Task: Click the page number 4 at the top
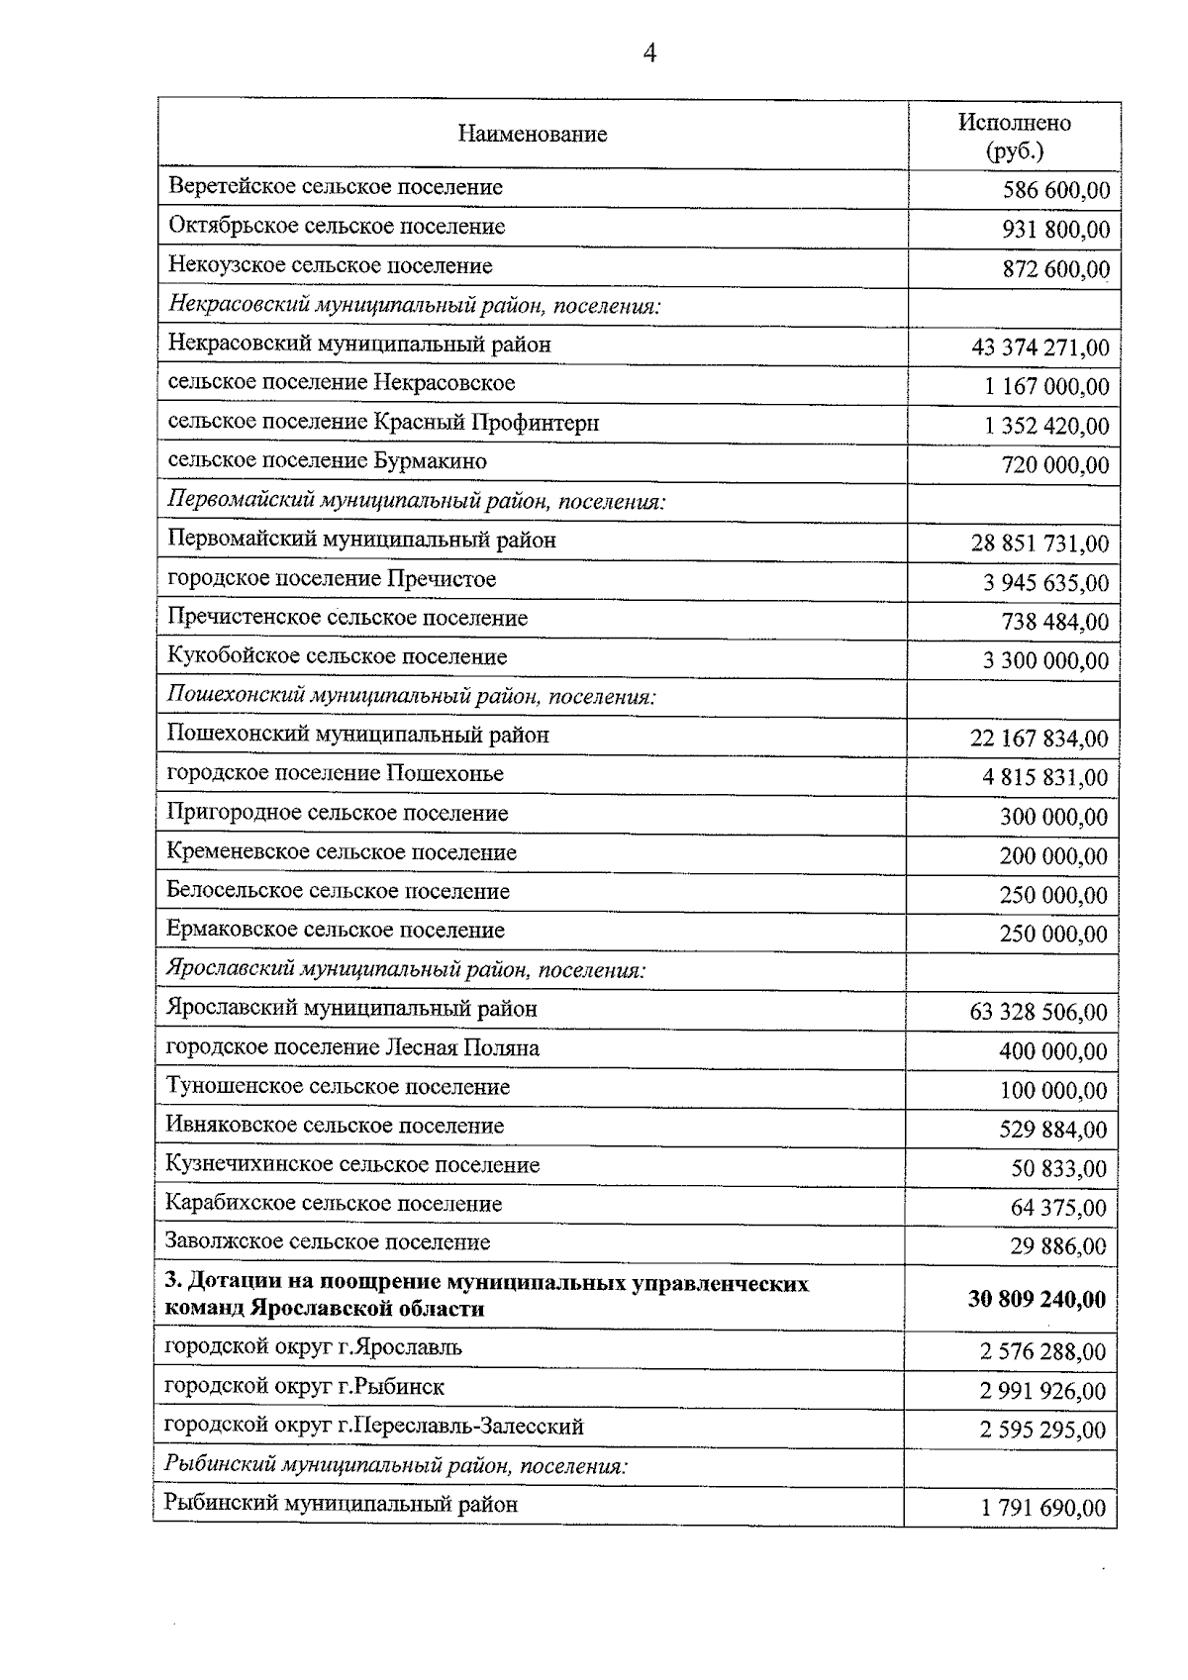(x=649, y=53)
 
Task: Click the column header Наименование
(x=533, y=135)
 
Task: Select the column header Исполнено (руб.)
(x=1014, y=137)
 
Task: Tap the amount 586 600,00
(x=1055, y=191)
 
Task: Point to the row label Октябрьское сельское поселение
(x=337, y=227)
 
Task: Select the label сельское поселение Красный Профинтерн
(x=383, y=423)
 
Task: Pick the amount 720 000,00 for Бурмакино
(x=1055, y=465)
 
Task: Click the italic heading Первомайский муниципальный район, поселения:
(x=417, y=501)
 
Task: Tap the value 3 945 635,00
(x=1045, y=583)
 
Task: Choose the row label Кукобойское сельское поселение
(x=338, y=657)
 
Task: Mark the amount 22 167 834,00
(x=1039, y=739)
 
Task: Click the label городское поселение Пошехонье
(x=336, y=774)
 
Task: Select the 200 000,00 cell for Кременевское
(x=1053, y=856)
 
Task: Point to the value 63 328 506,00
(x=1039, y=1013)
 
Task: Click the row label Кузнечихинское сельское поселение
(x=353, y=1165)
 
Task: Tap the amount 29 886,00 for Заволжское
(x=1058, y=1246)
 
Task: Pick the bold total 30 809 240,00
(x=1037, y=1299)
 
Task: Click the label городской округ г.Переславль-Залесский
(x=374, y=1427)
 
